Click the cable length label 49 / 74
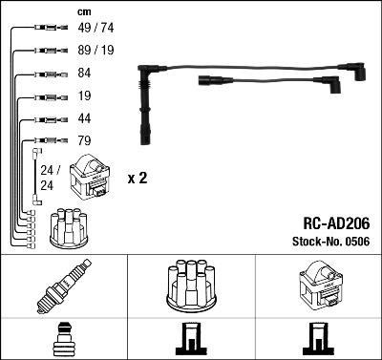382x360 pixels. tap(95, 28)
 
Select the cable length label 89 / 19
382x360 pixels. tap(95, 50)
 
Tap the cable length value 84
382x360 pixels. tap(84, 73)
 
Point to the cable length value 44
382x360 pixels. tap(84, 118)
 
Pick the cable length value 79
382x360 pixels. tap(84, 140)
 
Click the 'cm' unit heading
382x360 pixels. tap(84, 12)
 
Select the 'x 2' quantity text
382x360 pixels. tap(138, 179)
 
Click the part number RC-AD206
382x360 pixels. tap(336, 223)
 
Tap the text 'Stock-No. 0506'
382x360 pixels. tap(331, 242)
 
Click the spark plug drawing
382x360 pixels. tap(64, 286)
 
